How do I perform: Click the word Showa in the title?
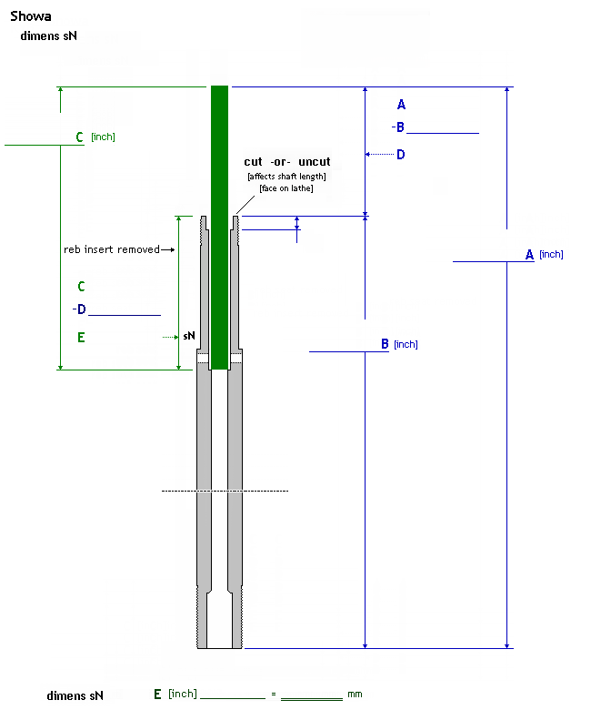point(31,16)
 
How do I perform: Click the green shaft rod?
point(219,228)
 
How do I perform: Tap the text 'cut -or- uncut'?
point(287,162)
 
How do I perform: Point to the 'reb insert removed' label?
point(112,249)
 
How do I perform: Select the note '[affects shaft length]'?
point(286,177)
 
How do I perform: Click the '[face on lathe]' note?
point(286,188)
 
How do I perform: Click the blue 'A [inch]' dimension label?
point(545,255)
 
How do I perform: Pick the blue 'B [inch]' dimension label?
point(399,344)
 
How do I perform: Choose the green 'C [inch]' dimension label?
point(95,137)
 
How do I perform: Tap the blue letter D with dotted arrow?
point(401,155)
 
